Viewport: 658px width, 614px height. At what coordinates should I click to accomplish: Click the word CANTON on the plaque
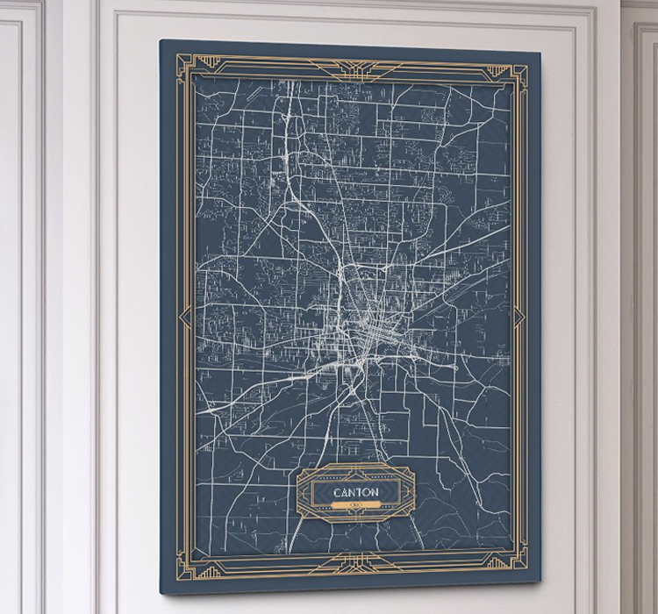(x=355, y=492)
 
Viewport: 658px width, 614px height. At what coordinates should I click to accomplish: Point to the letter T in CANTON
(x=358, y=492)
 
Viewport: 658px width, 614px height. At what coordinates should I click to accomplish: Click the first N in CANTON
(x=351, y=492)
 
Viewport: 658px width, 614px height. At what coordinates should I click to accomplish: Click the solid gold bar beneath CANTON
(x=355, y=506)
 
